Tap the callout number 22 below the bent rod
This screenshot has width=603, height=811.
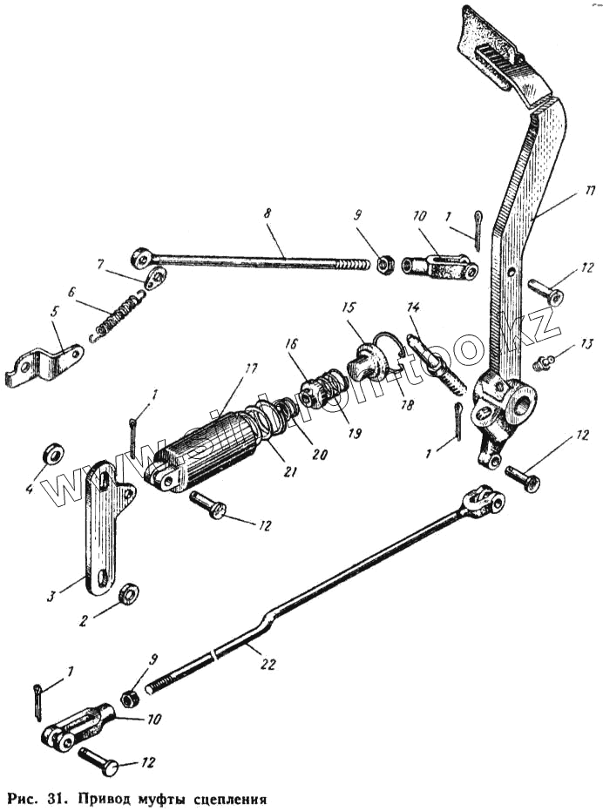268,664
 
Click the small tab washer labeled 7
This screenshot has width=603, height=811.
155,280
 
